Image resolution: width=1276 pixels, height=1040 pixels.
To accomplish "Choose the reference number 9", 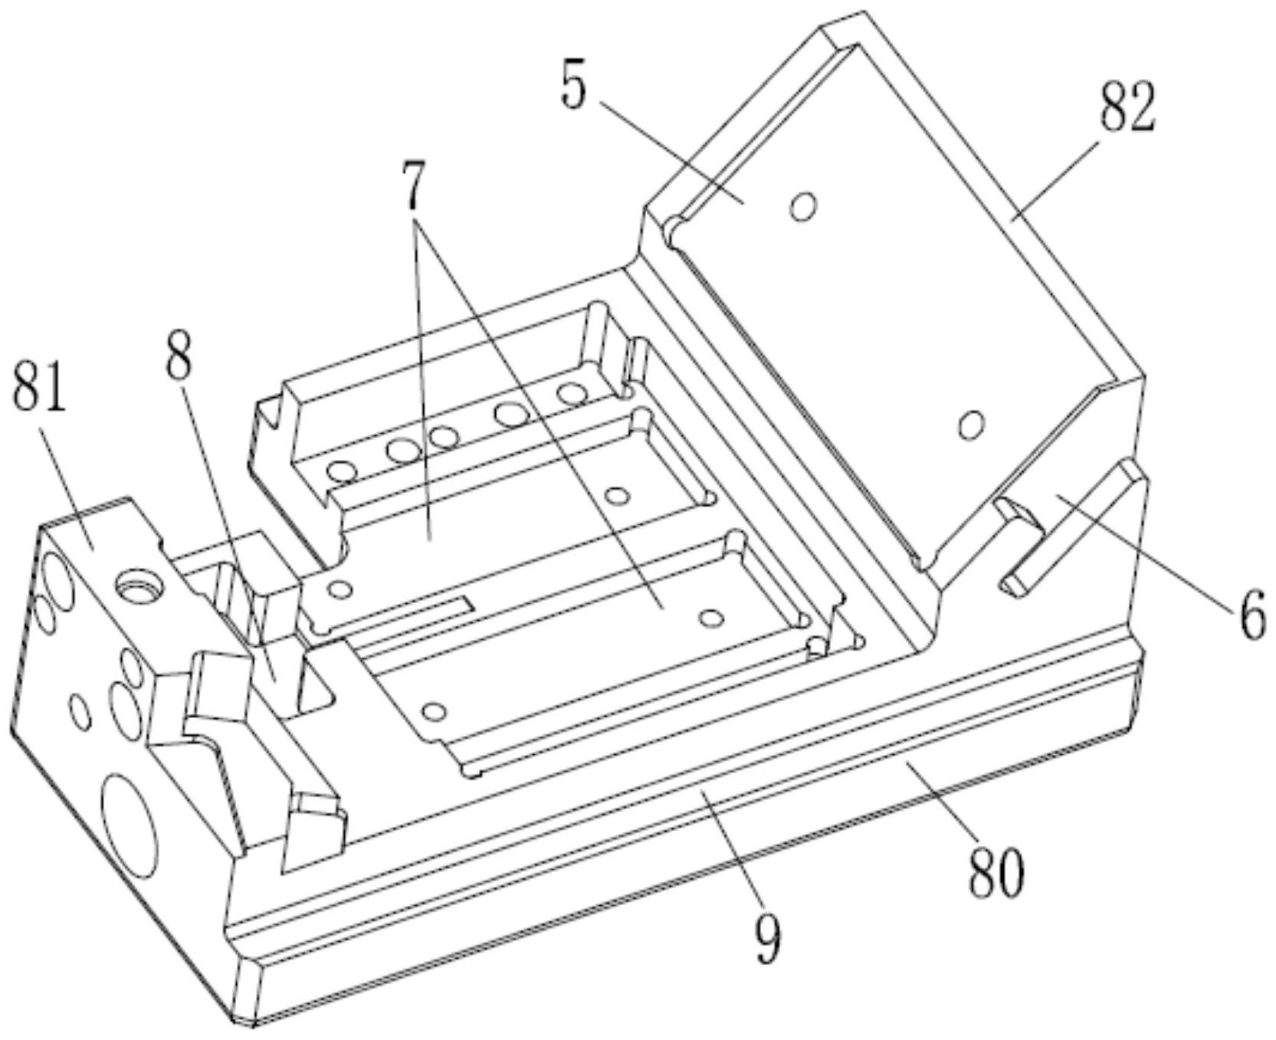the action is click(767, 937).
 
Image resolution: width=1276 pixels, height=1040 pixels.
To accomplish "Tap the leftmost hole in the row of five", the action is click(342, 471).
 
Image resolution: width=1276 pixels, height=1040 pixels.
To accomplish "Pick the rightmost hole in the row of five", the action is click(572, 394).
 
